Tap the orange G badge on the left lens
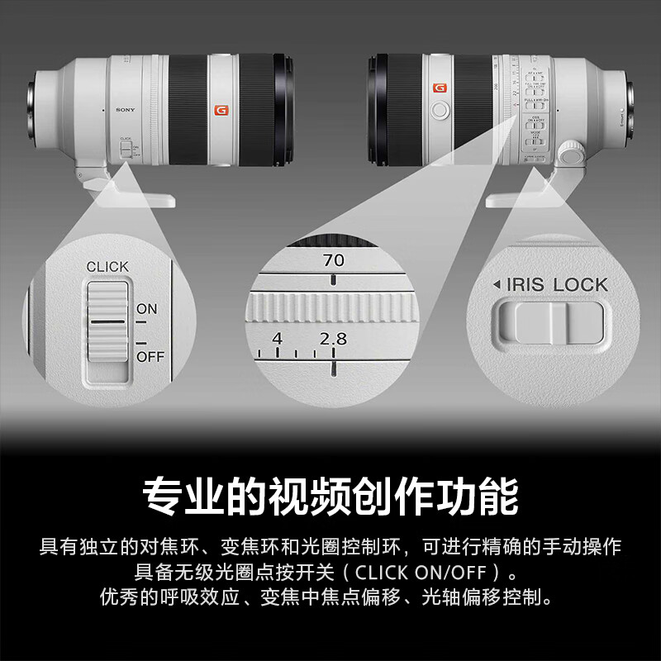click(221, 109)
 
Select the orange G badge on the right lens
click(439, 88)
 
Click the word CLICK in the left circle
click(107, 266)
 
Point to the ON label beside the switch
click(146, 309)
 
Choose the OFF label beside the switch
click(150, 357)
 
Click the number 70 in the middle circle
click(334, 260)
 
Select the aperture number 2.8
click(334, 339)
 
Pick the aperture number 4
click(277, 339)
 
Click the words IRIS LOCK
click(556, 285)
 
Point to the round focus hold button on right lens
click(440, 108)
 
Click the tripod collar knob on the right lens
click(569, 151)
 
